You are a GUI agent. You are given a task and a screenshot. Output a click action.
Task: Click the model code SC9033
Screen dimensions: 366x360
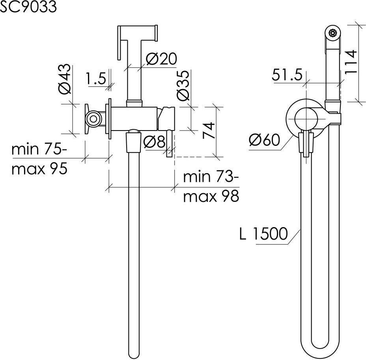point(28,6)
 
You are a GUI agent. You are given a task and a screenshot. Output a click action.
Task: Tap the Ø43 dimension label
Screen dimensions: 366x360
point(64,79)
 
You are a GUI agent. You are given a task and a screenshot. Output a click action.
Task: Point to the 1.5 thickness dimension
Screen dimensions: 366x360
point(96,78)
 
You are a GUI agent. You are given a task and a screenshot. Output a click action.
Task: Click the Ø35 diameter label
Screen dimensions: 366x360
point(183,85)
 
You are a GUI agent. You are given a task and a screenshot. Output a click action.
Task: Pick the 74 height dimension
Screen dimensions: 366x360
point(209,130)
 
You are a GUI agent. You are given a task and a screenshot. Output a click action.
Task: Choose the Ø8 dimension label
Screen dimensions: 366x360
point(154,141)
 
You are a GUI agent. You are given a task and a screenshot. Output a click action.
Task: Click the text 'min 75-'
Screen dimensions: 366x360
point(39,149)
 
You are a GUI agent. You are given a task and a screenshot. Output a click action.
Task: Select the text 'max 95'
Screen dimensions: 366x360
point(39,169)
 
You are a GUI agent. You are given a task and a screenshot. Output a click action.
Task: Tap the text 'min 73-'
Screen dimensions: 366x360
point(211,177)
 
